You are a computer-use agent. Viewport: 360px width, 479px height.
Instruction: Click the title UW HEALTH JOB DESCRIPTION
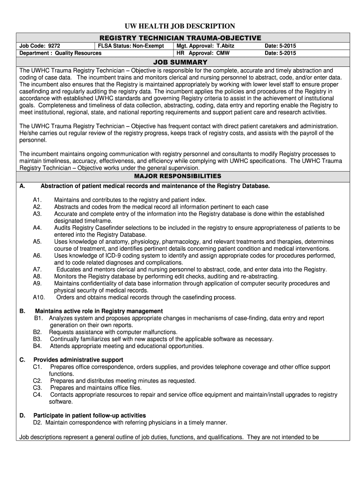tap(180, 26)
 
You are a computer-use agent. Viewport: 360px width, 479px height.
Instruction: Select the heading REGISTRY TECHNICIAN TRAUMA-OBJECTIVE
tap(180, 37)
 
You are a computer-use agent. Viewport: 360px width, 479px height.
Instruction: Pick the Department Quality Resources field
tap(60, 53)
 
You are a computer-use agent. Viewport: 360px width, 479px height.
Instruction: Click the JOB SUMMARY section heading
tap(180, 62)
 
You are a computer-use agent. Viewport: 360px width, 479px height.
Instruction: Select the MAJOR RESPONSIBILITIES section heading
tap(180, 176)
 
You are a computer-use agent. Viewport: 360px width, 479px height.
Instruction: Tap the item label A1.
tap(37, 200)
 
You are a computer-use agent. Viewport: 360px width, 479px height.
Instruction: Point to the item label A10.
tap(39, 297)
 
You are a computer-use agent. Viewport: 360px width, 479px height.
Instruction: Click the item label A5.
tap(37, 241)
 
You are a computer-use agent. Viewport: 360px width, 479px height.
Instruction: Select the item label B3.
tap(38, 339)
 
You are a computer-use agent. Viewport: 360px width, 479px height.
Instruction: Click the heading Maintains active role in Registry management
tap(99, 311)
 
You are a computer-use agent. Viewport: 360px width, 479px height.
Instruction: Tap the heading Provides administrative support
tap(78, 360)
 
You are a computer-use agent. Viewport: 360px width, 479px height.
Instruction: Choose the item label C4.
tap(38, 395)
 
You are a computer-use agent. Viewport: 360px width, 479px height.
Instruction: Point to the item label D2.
tap(37, 422)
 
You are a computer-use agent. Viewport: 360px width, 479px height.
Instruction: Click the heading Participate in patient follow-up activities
tap(89, 415)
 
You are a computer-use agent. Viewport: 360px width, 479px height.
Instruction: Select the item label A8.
tap(37, 276)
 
